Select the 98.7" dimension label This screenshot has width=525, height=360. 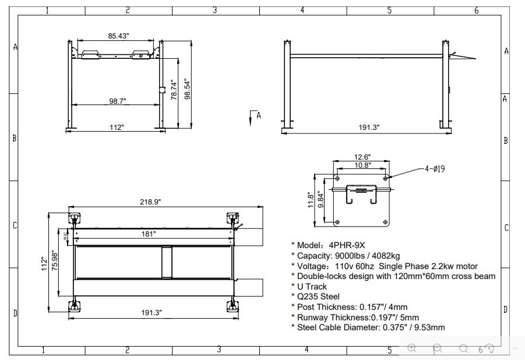(118, 101)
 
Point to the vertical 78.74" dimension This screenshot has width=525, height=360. (173, 90)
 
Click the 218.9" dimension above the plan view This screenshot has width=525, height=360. (150, 202)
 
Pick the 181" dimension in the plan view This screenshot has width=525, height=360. (148, 234)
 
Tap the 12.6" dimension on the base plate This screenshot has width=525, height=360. (362, 157)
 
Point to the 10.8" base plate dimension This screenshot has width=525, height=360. (362, 165)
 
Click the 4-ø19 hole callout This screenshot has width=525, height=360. (435, 169)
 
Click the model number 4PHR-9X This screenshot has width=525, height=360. (347, 245)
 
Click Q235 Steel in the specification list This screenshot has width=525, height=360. (318, 297)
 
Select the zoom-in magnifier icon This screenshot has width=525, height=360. (412, 348)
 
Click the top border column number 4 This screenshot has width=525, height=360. (302, 10)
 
